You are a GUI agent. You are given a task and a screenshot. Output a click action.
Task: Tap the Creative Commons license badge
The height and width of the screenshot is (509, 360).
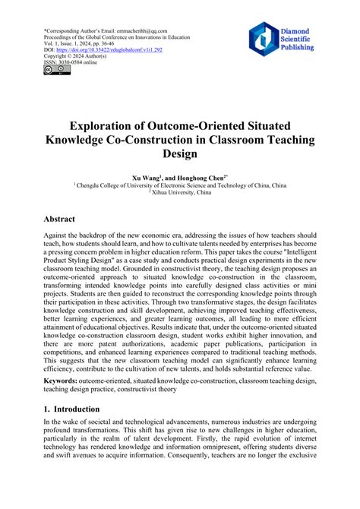click(x=57, y=70)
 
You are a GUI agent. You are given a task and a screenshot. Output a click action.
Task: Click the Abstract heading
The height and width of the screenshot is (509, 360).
click(x=65, y=217)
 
